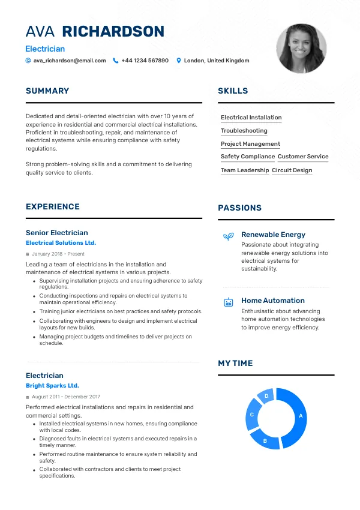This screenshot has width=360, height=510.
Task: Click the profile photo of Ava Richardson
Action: tap(301, 49)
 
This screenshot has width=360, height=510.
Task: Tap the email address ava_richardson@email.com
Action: tap(70, 61)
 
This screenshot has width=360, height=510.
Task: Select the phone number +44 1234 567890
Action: tap(145, 61)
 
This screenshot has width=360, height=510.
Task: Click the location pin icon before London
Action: tap(178, 61)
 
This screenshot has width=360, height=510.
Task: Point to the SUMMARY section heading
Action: tap(47, 91)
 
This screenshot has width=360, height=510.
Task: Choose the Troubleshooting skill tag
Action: tap(244, 131)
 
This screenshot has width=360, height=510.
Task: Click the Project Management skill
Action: tap(250, 144)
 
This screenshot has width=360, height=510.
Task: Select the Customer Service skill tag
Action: tap(303, 157)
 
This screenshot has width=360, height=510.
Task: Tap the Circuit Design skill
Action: tap(292, 170)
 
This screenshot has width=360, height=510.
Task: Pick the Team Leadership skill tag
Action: tap(245, 170)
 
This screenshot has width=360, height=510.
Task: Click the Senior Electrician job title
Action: tap(56, 233)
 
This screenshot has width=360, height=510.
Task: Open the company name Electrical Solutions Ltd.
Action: tap(61, 243)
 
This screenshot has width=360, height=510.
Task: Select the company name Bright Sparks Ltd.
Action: tap(52, 386)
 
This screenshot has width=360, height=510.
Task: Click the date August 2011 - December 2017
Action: tap(65, 397)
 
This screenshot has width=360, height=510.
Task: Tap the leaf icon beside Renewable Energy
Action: tap(228, 236)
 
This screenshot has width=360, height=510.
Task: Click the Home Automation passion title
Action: tap(272, 301)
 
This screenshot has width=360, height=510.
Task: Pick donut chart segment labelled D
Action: tap(266, 397)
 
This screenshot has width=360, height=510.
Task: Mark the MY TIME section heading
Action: tap(235, 364)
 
